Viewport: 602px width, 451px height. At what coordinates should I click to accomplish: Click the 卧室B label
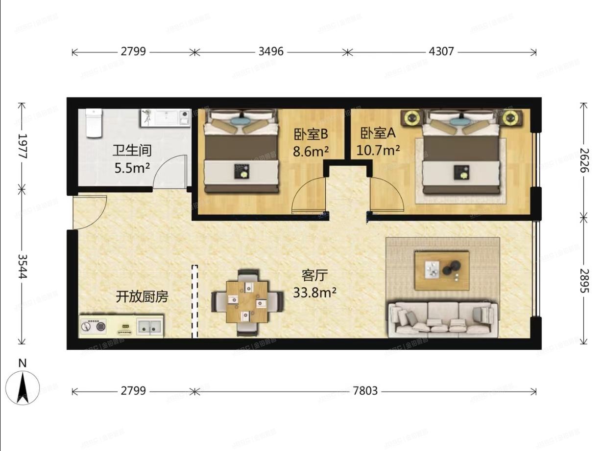click(x=311, y=134)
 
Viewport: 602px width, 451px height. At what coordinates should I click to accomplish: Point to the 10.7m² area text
click(x=378, y=150)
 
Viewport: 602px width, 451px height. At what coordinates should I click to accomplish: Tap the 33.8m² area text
click(x=314, y=293)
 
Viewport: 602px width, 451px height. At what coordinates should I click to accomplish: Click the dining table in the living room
click(x=247, y=302)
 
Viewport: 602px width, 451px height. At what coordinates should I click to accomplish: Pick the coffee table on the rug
click(x=442, y=270)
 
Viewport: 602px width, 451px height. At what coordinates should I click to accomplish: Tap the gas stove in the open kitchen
click(x=94, y=326)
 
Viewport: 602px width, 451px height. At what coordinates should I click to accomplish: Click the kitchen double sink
click(x=150, y=325)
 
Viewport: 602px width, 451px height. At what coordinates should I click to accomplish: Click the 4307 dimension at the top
click(x=442, y=51)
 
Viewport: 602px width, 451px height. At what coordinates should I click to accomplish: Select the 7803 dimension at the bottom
click(x=365, y=391)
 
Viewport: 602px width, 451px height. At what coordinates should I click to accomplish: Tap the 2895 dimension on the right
click(x=583, y=280)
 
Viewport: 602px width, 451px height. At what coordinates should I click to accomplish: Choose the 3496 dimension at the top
click(x=271, y=51)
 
